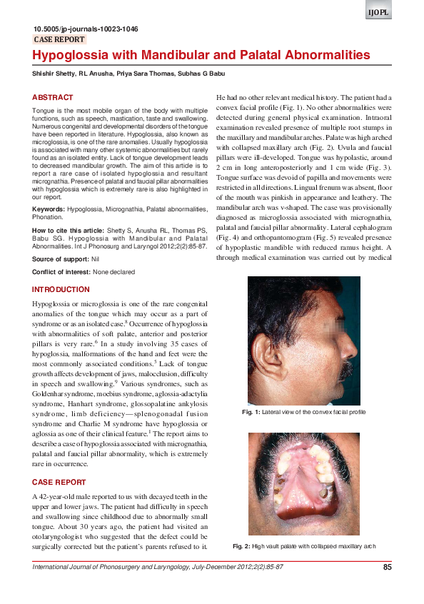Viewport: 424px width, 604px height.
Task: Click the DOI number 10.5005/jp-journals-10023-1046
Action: [86, 29]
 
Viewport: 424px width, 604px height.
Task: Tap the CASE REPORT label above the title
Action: [59, 40]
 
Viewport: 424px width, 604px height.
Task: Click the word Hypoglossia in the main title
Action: [68, 55]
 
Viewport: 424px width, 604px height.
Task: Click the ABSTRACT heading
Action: [52, 97]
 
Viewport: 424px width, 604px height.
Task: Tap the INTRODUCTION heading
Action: [61, 289]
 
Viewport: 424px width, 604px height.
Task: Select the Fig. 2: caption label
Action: [241, 546]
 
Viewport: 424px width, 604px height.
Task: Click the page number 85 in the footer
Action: [388, 567]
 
